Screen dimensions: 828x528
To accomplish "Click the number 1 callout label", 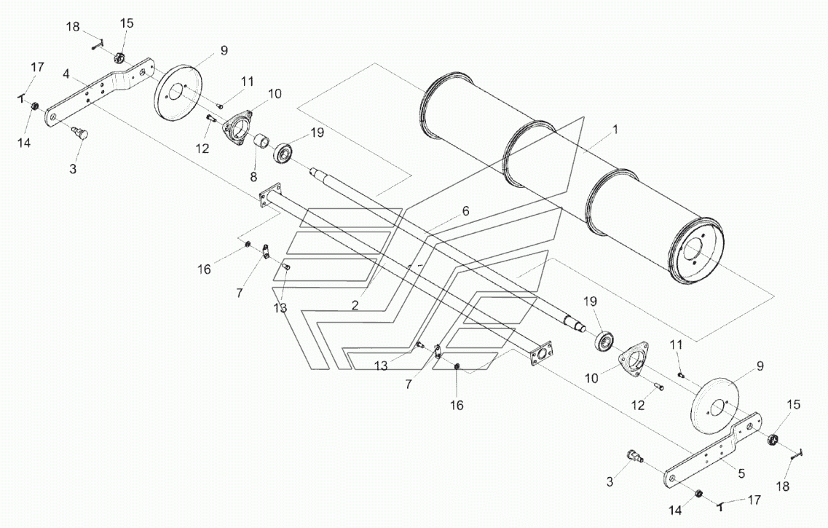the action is (x=615, y=130).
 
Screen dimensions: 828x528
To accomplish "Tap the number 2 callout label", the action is (x=355, y=305).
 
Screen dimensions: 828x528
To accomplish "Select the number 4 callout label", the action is (x=66, y=74).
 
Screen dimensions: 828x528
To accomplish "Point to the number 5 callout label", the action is (x=741, y=474).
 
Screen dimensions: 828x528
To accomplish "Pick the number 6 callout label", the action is (x=465, y=211).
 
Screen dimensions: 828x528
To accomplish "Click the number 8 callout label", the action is (x=253, y=176).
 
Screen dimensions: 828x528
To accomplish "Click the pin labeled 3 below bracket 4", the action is (x=81, y=133).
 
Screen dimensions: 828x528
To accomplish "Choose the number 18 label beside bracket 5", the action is (x=783, y=486).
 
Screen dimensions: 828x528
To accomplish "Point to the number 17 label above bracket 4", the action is (x=37, y=68).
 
